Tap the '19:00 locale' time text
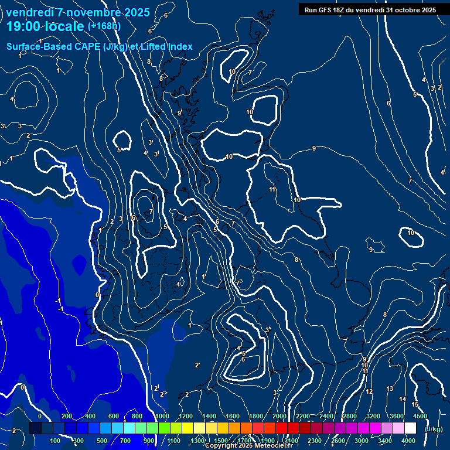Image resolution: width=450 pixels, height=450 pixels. tap(45, 26)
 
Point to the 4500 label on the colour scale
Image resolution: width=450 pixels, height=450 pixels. tap(420, 416)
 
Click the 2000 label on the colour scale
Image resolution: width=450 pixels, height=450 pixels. tap(279, 416)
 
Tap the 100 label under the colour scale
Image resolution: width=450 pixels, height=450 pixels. tap(55, 441)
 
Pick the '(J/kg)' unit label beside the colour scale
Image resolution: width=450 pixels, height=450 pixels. tap(433, 429)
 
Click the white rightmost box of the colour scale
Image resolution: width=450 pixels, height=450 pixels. tap(410, 428)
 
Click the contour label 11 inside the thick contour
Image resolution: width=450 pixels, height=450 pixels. tap(272, 189)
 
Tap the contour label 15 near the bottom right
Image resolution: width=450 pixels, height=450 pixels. tap(415, 404)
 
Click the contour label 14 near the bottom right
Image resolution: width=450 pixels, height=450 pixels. tap(403, 399)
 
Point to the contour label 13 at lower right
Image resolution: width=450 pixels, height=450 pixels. tap(390, 389)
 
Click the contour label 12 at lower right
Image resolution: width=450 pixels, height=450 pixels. tap(369, 391)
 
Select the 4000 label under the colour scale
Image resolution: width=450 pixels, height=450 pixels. tap(408, 441)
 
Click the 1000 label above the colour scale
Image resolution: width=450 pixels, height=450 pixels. tap(162, 416)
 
